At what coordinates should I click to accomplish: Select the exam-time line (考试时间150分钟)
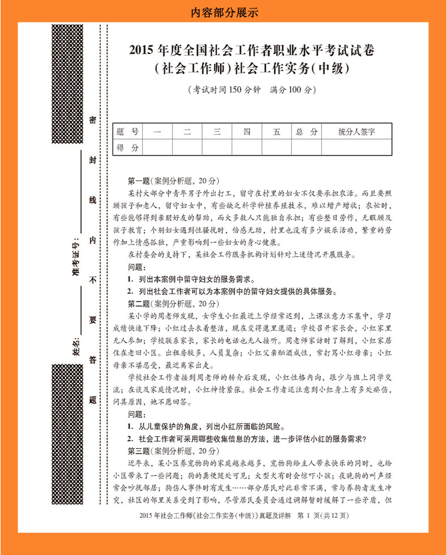click(x=251, y=90)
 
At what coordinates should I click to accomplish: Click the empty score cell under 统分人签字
click(x=356, y=148)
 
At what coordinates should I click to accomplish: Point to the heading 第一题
click(x=139, y=182)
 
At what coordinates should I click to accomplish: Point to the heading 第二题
click(x=139, y=304)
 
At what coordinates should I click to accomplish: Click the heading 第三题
click(x=139, y=451)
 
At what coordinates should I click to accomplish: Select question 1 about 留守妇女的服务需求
click(x=192, y=279)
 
